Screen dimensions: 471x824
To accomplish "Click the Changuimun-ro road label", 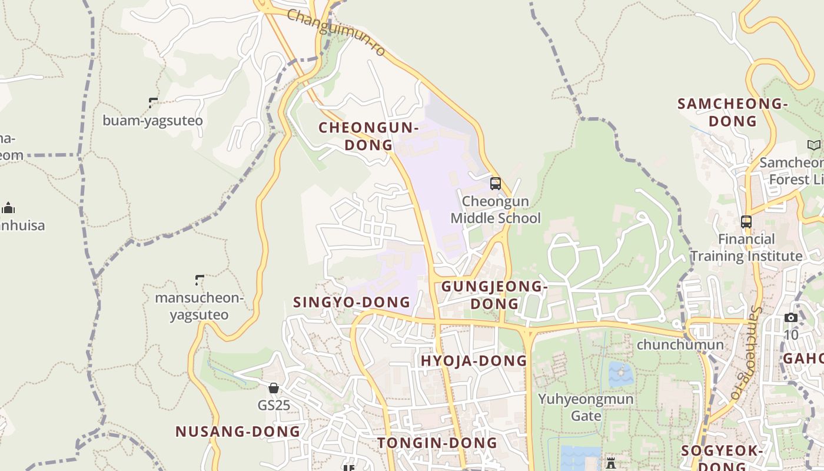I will point(336,32).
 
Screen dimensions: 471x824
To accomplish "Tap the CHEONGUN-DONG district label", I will point(368,136).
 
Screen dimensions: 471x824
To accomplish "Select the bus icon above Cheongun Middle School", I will point(496,183).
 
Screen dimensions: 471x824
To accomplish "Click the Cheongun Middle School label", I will point(496,210).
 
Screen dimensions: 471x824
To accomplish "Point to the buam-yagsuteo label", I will point(152,121).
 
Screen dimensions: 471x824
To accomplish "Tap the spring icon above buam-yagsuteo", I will point(154,103).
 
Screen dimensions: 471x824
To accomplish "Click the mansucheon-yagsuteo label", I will point(199,306).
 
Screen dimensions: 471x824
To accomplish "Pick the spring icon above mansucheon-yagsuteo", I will point(200,280).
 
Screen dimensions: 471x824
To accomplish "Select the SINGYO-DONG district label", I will point(351,303).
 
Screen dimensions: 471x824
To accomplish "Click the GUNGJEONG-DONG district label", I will point(494,295).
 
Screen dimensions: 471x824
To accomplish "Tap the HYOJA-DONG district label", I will point(474,361).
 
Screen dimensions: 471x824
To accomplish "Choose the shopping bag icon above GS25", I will point(274,388).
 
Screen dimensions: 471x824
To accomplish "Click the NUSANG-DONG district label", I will point(238,432).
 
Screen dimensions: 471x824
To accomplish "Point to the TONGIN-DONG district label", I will point(437,443).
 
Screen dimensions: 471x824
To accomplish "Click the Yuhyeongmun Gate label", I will point(586,407).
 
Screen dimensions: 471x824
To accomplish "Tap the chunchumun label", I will point(680,344).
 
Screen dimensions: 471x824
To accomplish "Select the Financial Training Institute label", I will point(746,247).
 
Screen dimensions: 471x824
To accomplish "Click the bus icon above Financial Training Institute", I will point(746,222).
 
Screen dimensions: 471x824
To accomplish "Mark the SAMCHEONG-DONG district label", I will point(732,112).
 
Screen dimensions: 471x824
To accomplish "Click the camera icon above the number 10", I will point(791,318).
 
